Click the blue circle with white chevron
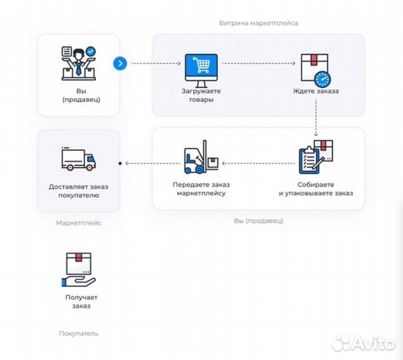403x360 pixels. point(120,63)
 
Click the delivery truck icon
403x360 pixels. point(78,159)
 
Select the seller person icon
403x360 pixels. point(78,63)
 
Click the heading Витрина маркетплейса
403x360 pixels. point(258,23)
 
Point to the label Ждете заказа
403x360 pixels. point(316,91)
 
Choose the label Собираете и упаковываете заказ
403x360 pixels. point(316,189)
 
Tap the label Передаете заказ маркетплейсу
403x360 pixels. point(202,189)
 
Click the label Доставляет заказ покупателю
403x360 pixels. point(78,191)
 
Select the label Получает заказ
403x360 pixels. point(78,301)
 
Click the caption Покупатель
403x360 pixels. point(78,333)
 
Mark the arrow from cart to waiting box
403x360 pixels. point(258,63)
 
